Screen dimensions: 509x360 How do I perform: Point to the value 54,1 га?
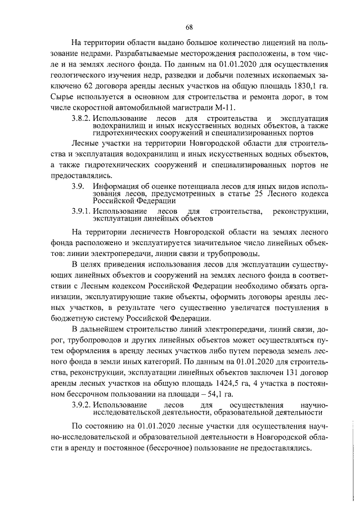tap(212, 394)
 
